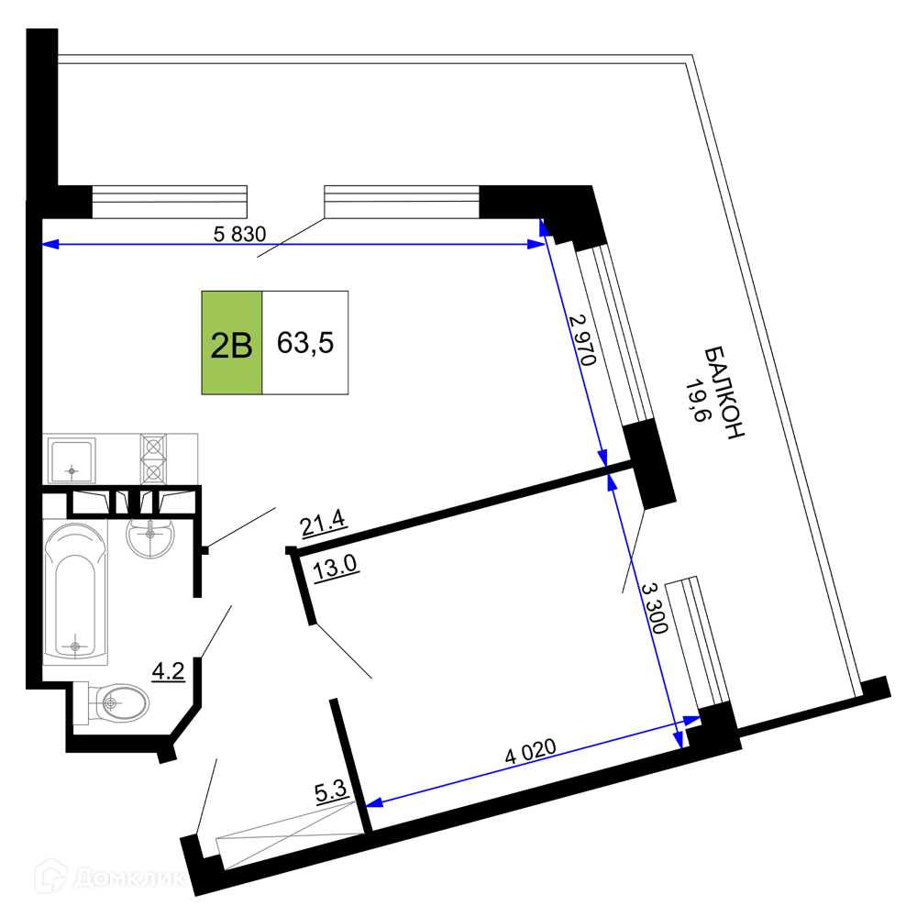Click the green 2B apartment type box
[x=232, y=343]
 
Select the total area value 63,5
[x=305, y=343]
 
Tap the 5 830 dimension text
[x=239, y=234]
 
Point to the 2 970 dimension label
[x=582, y=340]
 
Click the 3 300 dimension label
[x=655, y=608]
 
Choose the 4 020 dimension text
[x=530, y=751]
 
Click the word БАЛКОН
[x=724, y=392]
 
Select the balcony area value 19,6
[x=698, y=400]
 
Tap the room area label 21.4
[x=324, y=523]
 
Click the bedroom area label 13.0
[x=335, y=568]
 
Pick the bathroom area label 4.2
[x=169, y=671]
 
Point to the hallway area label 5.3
[x=331, y=792]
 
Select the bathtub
[x=75, y=591]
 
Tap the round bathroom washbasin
[x=151, y=536]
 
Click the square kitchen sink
[x=72, y=460]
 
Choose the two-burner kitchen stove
[x=153, y=459]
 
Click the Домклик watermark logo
[x=111, y=877]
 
